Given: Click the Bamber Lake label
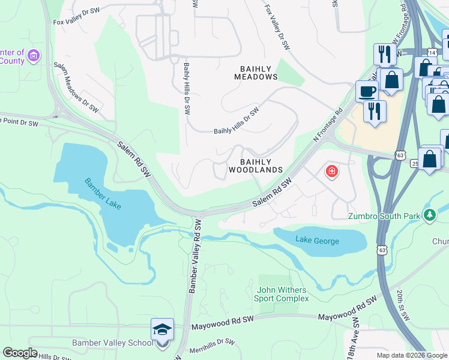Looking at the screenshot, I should [x=103, y=194].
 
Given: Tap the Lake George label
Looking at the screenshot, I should [x=317, y=241].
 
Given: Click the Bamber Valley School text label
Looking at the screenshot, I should [x=112, y=343].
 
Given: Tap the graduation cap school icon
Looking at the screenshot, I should [x=162, y=330].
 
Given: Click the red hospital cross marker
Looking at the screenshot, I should [x=331, y=172].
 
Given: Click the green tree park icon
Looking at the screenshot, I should [x=429, y=215].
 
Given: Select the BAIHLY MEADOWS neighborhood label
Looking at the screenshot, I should [x=255, y=73].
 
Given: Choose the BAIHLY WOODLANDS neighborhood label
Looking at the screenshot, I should [x=255, y=166].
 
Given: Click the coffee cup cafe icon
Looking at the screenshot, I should [x=367, y=91].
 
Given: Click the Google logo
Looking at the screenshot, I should [x=20, y=353].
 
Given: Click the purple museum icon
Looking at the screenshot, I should [x=34, y=56].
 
